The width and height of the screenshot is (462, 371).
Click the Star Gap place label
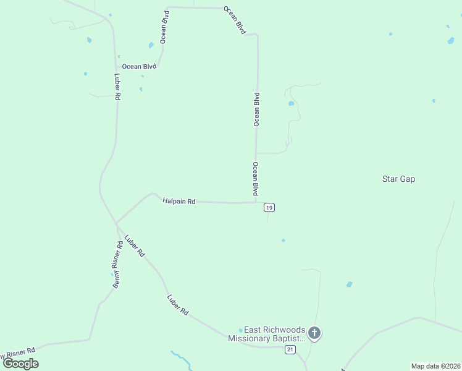398,179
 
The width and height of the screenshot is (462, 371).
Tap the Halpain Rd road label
179,201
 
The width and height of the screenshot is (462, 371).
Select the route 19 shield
269,207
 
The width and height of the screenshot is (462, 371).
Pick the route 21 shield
290,350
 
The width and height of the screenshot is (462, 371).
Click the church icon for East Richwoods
314,334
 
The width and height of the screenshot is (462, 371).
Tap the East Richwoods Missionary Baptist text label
267,334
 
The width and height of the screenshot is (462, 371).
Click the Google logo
21,364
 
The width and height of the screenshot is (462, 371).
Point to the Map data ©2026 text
436,366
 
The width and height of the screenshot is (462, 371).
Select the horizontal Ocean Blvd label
139,66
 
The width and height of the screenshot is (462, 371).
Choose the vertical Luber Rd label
117,87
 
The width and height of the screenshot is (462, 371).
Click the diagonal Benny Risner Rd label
118,264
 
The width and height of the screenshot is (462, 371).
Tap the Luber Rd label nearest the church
177,305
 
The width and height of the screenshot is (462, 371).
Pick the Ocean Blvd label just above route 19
254,179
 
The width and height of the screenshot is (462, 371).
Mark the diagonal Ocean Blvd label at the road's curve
235,20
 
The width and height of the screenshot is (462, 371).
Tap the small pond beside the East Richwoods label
241,330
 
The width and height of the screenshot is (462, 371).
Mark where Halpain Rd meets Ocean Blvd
256,202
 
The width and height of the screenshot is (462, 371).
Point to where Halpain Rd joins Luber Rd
115,223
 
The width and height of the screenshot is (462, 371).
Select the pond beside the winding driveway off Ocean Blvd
291,104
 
